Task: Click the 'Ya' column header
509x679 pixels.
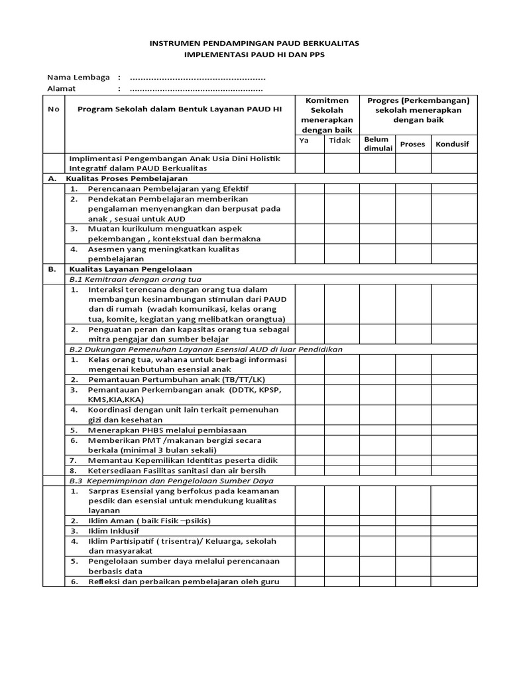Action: click(x=304, y=141)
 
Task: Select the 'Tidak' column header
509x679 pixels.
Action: click(x=339, y=141)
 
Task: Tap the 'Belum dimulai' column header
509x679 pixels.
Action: click(x=378, y=144)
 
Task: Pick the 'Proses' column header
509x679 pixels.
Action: click(x=413, y=144)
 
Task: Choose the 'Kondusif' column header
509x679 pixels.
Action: click(x=453, y=144)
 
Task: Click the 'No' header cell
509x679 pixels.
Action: click(x=53, y=109)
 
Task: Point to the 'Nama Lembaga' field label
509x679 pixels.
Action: click(x=78, y=77)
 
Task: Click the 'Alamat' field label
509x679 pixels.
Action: click(x=62, y=88)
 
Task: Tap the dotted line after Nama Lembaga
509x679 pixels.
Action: click(x=198, y=78)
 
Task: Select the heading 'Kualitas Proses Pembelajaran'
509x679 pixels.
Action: click(x=127, y=178)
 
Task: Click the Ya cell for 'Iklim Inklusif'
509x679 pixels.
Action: click(x=310, y=531)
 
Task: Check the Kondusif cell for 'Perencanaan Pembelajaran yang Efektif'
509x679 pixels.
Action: click(x=454, y=189)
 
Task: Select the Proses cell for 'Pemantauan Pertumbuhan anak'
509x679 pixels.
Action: click(x=414, y=379)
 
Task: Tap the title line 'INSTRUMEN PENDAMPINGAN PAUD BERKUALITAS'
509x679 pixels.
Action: click(x=254, y=43)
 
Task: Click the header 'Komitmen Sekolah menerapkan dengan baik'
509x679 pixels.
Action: click(x=327, y=115)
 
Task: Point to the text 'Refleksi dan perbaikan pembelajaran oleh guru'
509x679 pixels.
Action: click(x=183, y=582)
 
